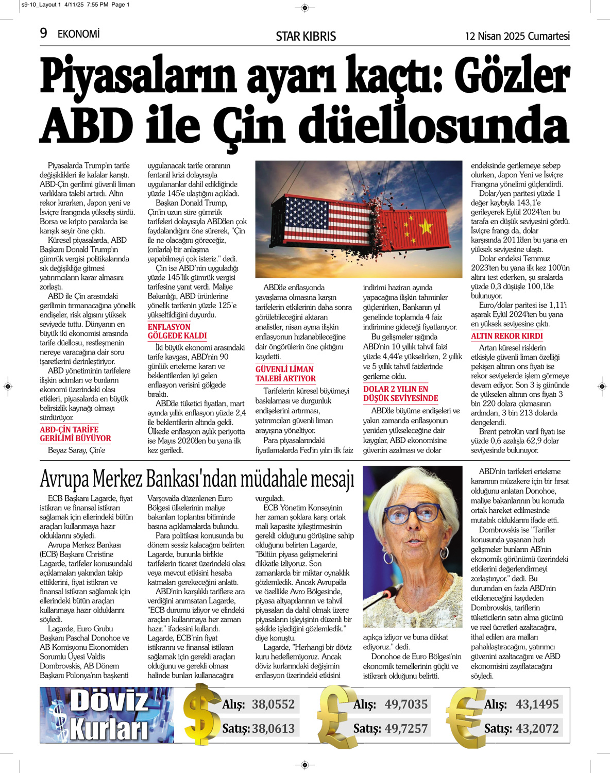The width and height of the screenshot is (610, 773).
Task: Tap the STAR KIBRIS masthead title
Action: click(x=306, y=36)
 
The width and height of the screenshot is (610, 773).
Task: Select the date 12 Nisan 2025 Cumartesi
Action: click(x=517, y=36)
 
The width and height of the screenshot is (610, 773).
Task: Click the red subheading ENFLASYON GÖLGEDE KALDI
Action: click(x=177, y=331)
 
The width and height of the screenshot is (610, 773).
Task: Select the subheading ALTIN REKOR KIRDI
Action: click(x=506, y=336)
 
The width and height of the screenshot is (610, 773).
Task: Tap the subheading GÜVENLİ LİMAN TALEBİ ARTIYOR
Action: click(x=285, y=374)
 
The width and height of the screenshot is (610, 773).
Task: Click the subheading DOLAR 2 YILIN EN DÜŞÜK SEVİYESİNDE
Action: click(x=400, y=394)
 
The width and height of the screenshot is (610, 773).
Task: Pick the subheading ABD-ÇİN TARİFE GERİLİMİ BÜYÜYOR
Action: click(x=75, y=434)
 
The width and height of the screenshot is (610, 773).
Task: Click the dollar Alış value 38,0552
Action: click(x=273, y=704)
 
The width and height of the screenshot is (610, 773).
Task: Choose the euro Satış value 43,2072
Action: click(x=537, y=728)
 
